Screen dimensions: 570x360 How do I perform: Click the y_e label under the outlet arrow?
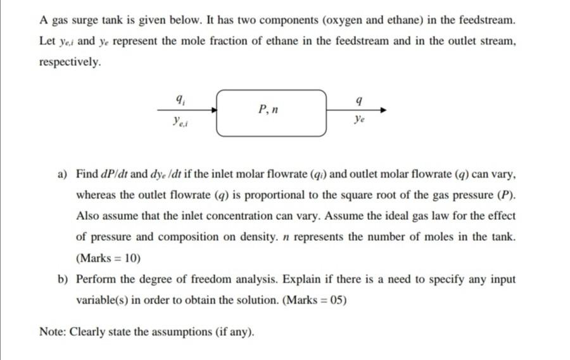click(359, 119)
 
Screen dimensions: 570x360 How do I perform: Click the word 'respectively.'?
click(70, 63)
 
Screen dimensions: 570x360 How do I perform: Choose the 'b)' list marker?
click(63, 280)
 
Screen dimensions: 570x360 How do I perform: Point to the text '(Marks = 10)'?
click(108, 259)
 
